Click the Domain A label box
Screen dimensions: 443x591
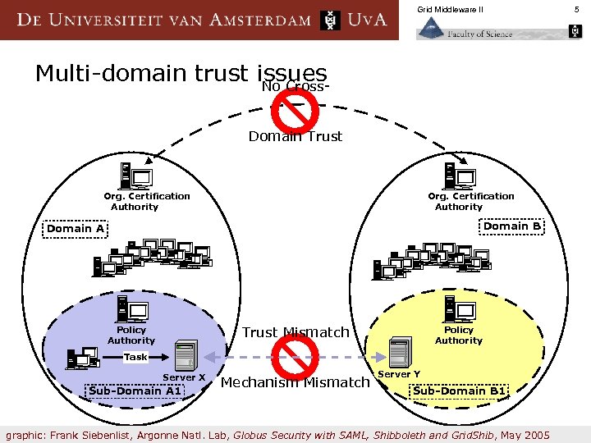point(76,229)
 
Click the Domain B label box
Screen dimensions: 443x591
point(511,226)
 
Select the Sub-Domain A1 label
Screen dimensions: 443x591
point(137,390)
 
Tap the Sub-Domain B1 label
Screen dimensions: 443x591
point(459,390)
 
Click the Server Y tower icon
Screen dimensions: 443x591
point(400,353)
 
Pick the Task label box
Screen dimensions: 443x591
point(135,357)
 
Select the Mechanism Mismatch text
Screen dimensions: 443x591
point(295,382)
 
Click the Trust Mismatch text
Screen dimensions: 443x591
point(295,332)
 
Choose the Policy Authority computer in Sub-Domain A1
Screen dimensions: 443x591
point(132,309)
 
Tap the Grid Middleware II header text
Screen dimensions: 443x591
point(450,9)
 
